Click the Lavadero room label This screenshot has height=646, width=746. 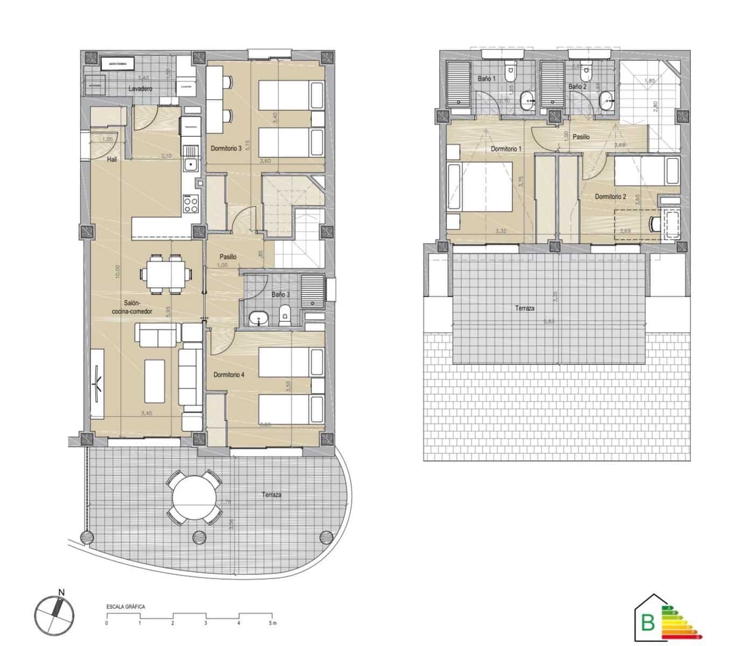click(x=140, y=89)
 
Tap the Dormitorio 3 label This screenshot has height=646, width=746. click(x=226, y=149)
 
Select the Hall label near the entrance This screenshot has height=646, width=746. click(x=112, y=159)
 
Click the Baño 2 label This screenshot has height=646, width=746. click(x=577, y=87)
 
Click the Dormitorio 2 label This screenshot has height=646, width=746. click(x=610, y=197)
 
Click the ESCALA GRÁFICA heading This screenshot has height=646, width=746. click(x=125, y=607)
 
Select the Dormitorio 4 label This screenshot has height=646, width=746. click(x=229, y=375)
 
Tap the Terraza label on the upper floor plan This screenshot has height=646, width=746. click(x=524, y=308)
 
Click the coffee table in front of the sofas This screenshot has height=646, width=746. click(x=154, y=381)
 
